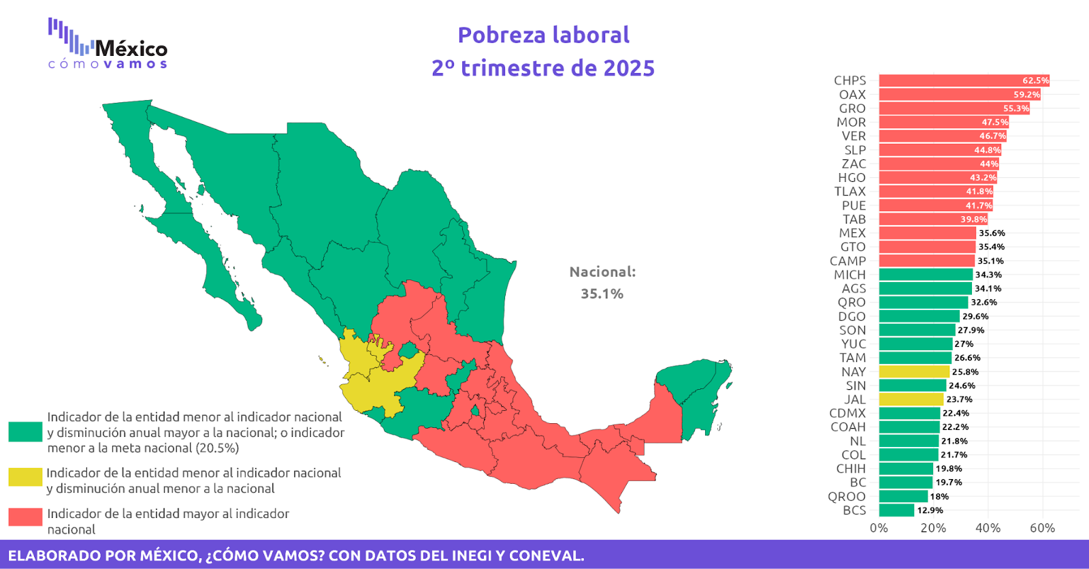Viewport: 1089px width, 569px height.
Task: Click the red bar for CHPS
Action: point(963,80)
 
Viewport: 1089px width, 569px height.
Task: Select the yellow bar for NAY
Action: point(913,371)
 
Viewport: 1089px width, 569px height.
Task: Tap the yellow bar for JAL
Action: point(911,399)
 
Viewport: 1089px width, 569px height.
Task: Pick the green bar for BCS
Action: point(896,510)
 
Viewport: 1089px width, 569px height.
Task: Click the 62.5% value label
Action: point(1035,80)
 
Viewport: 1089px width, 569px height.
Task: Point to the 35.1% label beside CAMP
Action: point(990,261)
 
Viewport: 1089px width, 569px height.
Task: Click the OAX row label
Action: point(852,95)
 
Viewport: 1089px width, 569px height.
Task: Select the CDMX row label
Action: point(847,413)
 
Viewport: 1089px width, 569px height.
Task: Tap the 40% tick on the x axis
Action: point(988,528)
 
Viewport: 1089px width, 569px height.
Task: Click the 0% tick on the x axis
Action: point(879,528)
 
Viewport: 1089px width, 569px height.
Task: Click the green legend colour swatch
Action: point(25,431)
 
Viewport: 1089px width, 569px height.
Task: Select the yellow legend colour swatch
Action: point(25,477)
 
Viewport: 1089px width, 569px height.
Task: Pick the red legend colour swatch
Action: point(25,517)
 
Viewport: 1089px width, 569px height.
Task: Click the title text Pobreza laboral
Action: point(543,35)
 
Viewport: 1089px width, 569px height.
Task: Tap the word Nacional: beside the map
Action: point(602,272)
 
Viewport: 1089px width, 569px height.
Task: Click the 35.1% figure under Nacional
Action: point(602,294)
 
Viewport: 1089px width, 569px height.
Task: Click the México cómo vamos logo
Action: point(108,45)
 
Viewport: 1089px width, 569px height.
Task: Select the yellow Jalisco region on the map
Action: point(371,388)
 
